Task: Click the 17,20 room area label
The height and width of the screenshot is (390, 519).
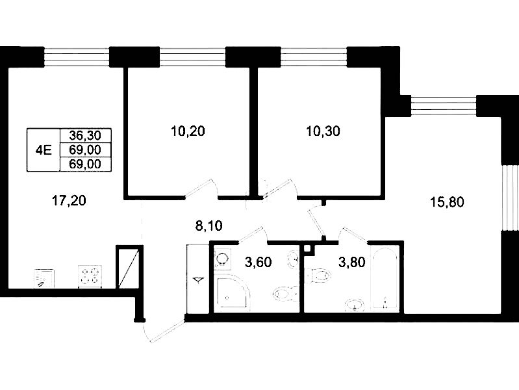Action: (69, 200)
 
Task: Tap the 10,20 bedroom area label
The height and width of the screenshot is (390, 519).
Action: (188, 131)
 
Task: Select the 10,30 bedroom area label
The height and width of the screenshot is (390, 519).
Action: (323, 131)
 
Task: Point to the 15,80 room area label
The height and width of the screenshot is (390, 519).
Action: (447, 201)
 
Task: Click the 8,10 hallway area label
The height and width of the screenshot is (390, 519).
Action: (209, 226)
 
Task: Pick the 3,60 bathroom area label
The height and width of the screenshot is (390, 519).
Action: (258, 262)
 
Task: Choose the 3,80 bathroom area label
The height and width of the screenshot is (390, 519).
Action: (352, 262)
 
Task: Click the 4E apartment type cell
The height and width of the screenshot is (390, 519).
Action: (44, 150)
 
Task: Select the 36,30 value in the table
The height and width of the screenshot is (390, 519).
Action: (85, 135)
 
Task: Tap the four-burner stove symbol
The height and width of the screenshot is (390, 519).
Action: (90, 276)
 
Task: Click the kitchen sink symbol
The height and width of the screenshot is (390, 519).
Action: (44, 278)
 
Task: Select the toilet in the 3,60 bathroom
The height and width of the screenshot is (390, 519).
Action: (285, 294)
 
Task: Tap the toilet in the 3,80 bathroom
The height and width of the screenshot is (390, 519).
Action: (318, 276)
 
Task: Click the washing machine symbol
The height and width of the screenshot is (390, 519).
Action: (222, 259)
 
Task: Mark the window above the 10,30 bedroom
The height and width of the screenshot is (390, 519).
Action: (314, 57)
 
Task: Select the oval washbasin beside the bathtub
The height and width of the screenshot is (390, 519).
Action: (355, 304)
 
